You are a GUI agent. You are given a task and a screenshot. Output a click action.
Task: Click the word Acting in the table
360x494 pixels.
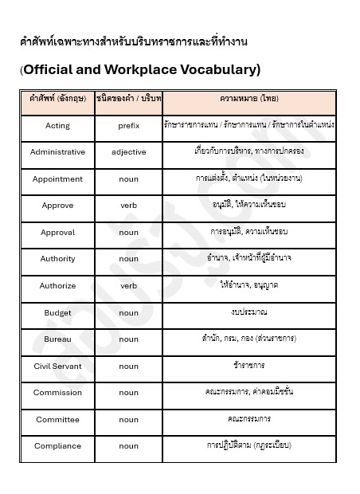coord(57,126)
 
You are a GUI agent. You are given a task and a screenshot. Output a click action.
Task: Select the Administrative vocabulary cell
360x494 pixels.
coord(57,151)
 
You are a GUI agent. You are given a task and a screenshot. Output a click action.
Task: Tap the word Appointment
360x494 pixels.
coord(57,179)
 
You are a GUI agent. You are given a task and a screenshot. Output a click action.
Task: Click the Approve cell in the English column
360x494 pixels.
coord(57,206)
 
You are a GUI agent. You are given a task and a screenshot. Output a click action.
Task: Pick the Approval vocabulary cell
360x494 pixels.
coord(57,233)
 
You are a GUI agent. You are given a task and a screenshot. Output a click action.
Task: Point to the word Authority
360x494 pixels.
coord(57,259)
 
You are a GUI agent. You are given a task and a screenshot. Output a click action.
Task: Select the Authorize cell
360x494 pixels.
coord(57,286)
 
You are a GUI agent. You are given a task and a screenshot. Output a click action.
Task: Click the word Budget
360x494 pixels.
coord(57,313)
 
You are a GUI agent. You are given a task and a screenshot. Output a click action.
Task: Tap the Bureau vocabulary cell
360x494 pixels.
coord(57,339)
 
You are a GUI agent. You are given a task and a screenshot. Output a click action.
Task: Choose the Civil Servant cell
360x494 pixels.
coord(57,367)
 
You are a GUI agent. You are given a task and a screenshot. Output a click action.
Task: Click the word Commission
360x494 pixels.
coord(57,393)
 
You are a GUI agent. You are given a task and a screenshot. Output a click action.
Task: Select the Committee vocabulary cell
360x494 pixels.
coord(57,420)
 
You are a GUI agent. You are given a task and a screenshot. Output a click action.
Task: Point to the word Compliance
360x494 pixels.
coord(57,446)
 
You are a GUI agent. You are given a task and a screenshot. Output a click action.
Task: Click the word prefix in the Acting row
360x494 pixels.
coord(128,126)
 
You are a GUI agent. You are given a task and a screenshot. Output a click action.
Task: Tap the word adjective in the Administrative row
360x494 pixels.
coord(128,151)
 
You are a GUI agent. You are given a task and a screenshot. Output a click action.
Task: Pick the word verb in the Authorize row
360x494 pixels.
coord(128,286)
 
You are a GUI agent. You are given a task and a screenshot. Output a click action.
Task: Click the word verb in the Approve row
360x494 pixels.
coord(128,206)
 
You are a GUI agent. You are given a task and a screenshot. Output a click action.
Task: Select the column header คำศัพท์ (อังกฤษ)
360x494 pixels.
coord(57,99)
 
